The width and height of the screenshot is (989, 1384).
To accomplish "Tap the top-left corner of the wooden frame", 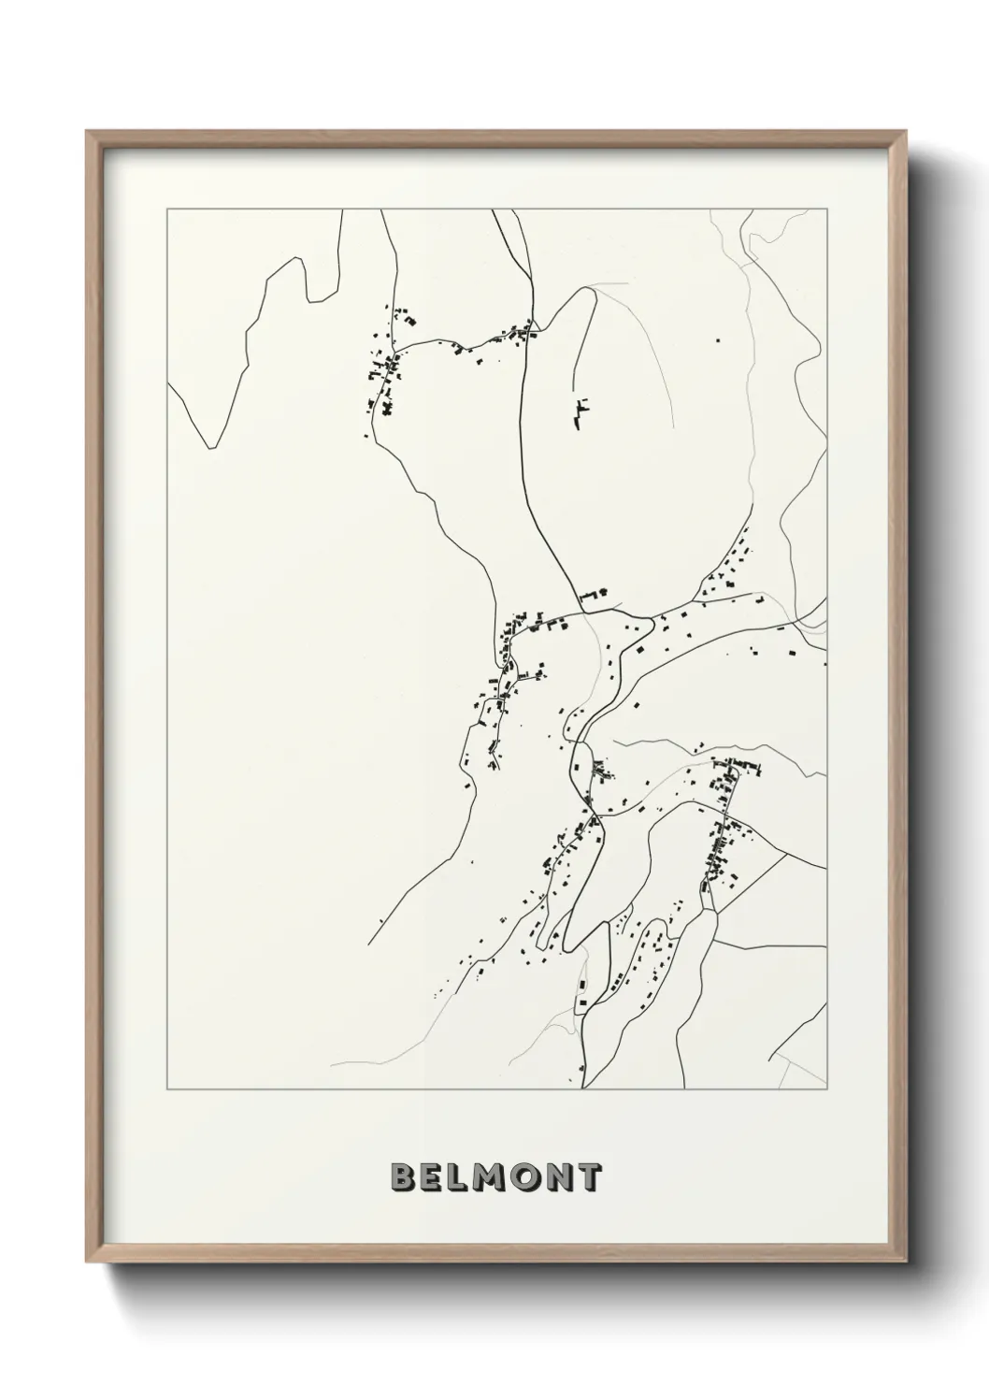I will (x=87, y=132).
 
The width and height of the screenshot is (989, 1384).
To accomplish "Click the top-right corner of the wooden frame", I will (x=906, y=132).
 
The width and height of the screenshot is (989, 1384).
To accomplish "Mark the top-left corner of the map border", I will (x=167, y=209).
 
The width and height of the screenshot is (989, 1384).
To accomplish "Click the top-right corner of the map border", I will (x=826, y=209).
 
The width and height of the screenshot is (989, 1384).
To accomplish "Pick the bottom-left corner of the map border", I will (x=167, y=1089).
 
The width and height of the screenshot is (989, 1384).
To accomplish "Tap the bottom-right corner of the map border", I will (x=826, y=1089).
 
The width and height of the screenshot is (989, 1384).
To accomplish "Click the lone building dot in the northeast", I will (x=718, y=341).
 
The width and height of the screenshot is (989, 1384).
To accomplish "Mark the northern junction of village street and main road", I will (x=532, y=331).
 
